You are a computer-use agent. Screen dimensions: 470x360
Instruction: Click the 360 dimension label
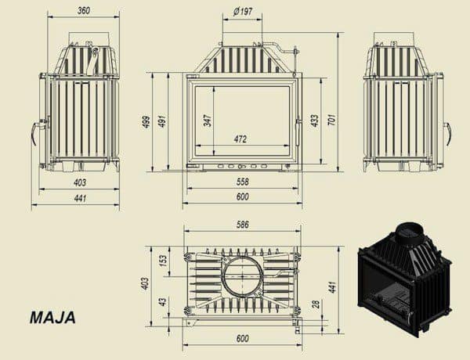(x=84, y=10)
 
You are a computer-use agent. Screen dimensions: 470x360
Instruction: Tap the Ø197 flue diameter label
(x=243, y=12)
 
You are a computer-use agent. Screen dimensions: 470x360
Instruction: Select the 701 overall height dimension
(x=332, y=120)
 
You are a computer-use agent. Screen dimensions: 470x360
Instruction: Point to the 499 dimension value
(x=146, y=122)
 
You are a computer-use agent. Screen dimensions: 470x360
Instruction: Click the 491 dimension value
(x=162, y=121)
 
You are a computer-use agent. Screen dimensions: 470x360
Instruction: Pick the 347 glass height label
(x=208, y=120)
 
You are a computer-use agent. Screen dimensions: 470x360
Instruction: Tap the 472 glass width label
(x=240, y=139)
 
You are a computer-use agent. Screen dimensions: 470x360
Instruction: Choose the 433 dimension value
(x=315, y=121)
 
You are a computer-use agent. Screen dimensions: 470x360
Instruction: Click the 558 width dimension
(x=243, y=182)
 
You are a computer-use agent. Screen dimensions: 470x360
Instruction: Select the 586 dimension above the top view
(x=243, y=225)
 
